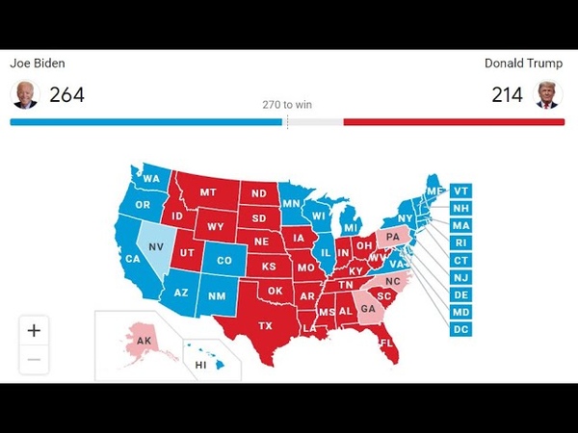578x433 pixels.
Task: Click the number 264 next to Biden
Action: (x=66, y=94)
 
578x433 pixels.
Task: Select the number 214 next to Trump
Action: (x=506, y=94)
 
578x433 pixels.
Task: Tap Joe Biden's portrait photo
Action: (x=24, y=94)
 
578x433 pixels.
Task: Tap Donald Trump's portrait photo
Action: (x=549, y=94)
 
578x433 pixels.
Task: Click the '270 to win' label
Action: (x=287, y=105)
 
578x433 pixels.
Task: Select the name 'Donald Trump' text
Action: (x=523, y=64)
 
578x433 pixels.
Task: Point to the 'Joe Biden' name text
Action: (x=38, y=64)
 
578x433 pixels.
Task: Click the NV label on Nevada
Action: (x=156, y=244)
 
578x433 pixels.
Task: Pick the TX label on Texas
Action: (x=265, y=326)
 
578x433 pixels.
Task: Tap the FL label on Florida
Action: (x=386, y=344)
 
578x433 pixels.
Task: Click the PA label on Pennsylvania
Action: (x=392, y=236)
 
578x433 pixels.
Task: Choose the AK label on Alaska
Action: (x=144, y=340)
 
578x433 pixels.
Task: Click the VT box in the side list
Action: (x=460, y=191)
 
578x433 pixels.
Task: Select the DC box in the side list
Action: (x=460, y=329)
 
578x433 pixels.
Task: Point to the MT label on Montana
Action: (x=207, y=192)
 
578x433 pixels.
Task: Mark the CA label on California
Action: (x=133, y=259)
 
